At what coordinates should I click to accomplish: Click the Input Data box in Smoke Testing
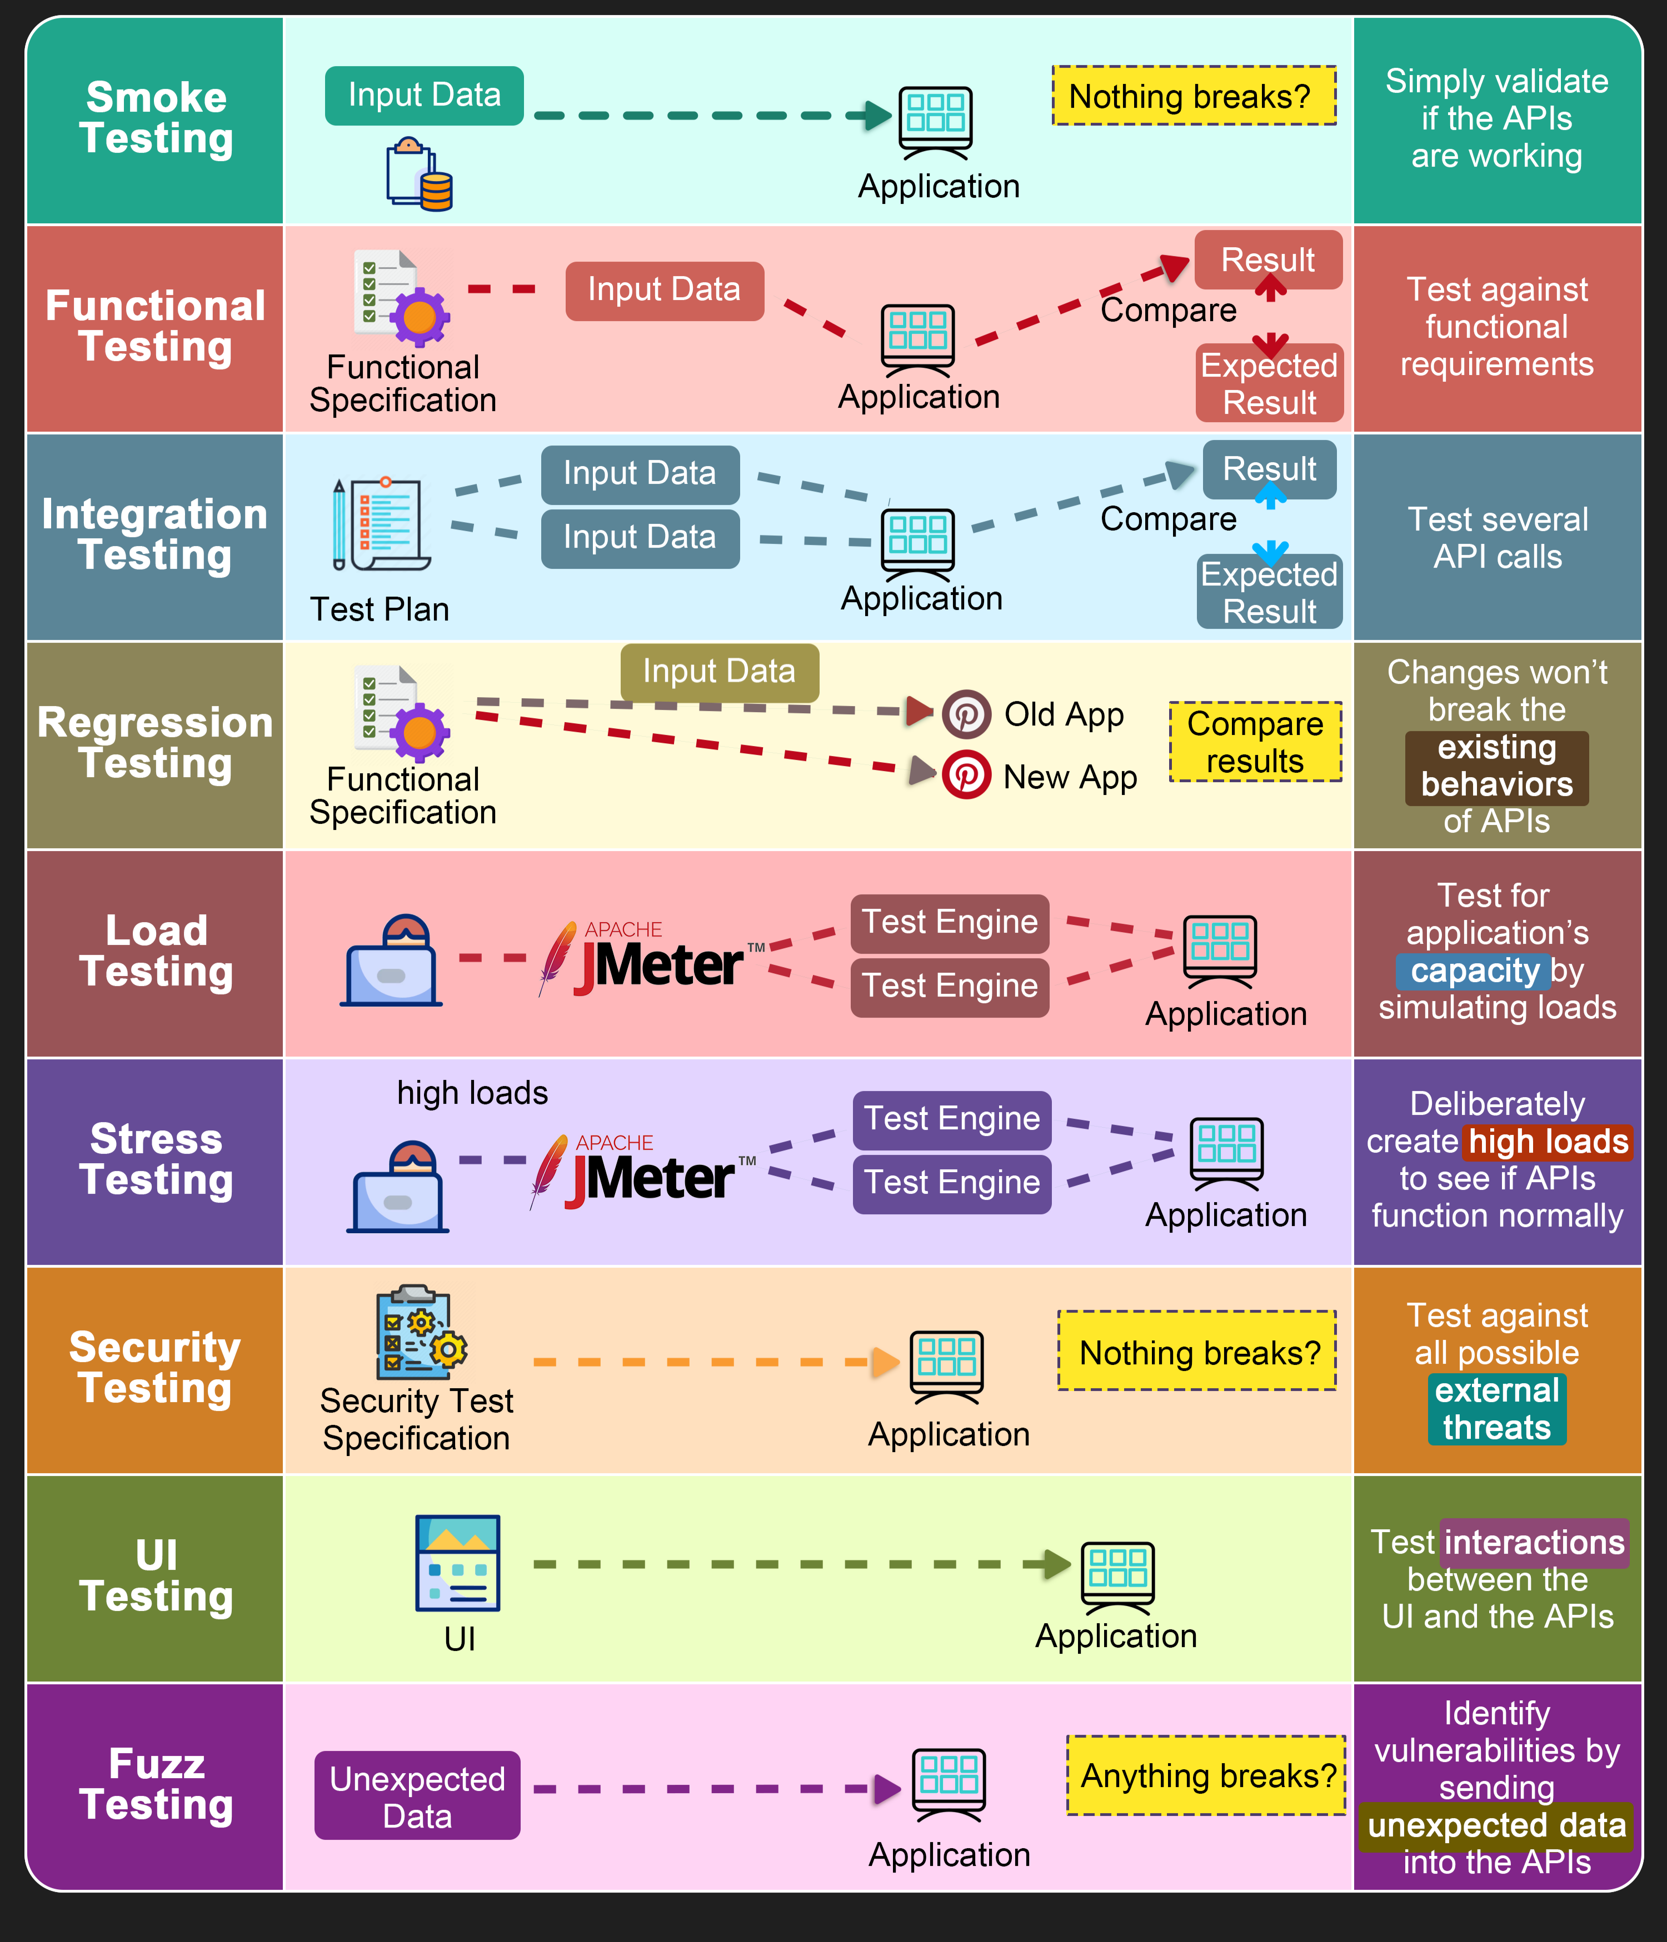click(x=424, y=96)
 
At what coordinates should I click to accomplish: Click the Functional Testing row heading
click(x=156, y=326)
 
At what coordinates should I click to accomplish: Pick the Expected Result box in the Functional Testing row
click(x=1270, y=383)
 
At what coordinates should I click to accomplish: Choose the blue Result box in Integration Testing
click(x=1270, y=469)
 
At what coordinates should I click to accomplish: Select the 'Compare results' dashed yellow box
click(x=1255, y=742)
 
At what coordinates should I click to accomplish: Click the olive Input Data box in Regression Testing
click(x=719, y=672)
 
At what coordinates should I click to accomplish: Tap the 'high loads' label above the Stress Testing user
click(x=472, y=1093)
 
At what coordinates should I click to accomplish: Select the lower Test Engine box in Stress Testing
click(x=952, y=1183)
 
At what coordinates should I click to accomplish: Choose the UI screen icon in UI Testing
click(x=457, y=1563)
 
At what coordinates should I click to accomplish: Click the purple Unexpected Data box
click(x=417, y=1796)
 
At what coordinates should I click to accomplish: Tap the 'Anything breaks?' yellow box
click(x=1207, y=1775)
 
